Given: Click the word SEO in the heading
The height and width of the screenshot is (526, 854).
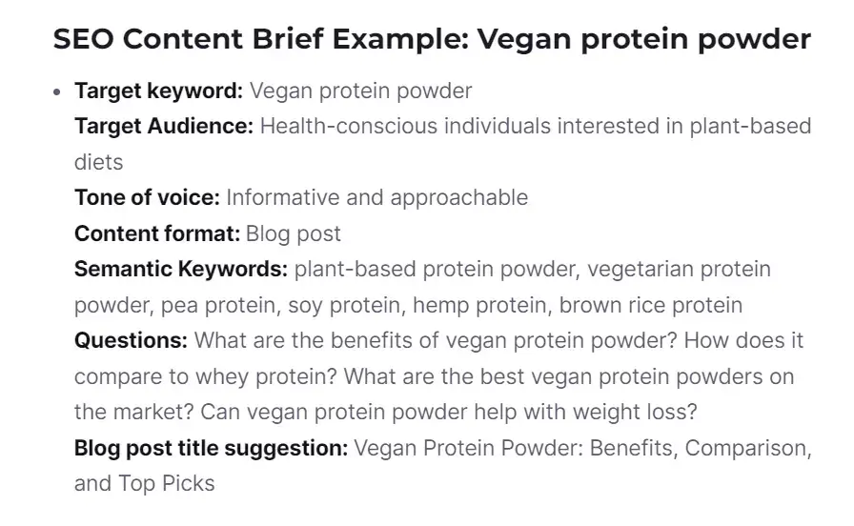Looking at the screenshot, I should click(83, 40).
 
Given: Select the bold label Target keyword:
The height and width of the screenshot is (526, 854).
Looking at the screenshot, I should click(159, 91).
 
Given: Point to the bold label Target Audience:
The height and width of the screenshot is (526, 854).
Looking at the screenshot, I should click(164, 127).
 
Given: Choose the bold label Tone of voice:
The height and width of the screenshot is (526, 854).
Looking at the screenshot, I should click(147, 198).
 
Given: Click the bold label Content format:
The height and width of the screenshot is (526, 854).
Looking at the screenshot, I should click(157, 233).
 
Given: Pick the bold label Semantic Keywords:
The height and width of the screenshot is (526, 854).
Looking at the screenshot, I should click(181, 270).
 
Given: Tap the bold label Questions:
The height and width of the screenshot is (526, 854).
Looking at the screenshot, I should click(131, 341).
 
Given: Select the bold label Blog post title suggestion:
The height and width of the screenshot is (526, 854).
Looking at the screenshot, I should click(211, 448).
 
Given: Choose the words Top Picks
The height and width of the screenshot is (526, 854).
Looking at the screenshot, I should click(167, 484).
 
